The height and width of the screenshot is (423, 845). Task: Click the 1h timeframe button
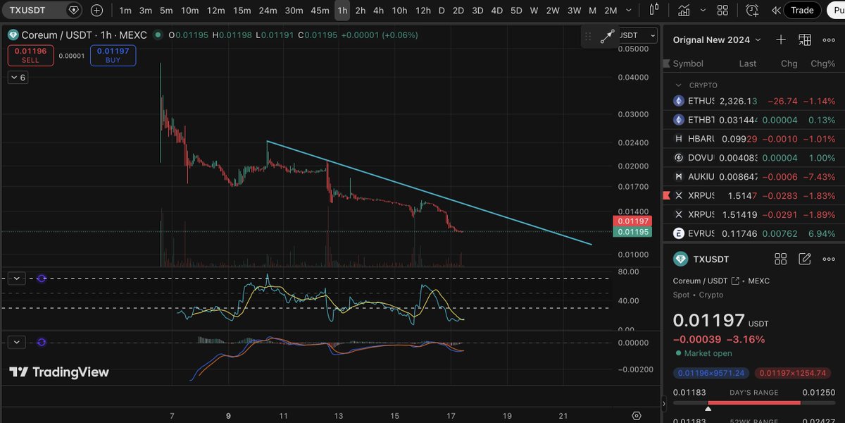pos(342,11)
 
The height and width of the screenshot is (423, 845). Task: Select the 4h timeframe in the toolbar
pos(379,11)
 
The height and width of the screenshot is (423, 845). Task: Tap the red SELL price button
pos(30,55)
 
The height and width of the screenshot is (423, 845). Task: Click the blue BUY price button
pos(113,55)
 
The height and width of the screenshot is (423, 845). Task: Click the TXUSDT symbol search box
pos(35,11)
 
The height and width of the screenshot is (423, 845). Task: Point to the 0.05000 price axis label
pos(633,49)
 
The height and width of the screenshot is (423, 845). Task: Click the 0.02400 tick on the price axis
pos(633,142)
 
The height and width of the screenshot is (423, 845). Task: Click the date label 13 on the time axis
pos(339,417)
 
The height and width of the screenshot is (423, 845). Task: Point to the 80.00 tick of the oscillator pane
pos(628,271)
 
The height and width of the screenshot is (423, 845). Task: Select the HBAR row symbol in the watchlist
pos(701,139)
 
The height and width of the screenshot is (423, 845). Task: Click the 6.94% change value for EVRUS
pos(822,233)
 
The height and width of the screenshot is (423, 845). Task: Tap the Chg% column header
pos(822,63)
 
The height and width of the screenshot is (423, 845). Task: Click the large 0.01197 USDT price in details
pos(708,321)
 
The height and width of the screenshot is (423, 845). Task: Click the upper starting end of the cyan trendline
pos(268,142)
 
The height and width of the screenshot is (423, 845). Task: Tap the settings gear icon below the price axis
pos(637,416)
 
